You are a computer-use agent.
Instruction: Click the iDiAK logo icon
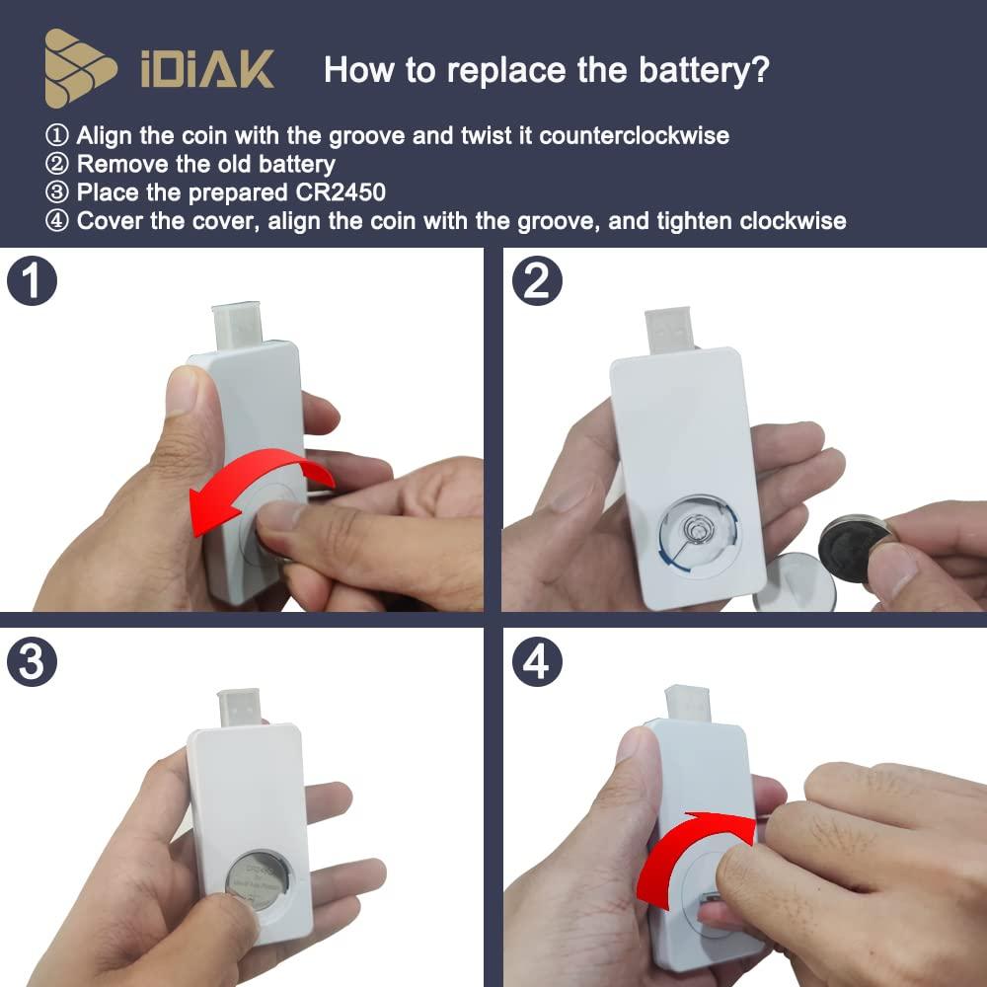81,68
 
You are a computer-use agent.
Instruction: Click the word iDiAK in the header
207,71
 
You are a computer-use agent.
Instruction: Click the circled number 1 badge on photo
32,280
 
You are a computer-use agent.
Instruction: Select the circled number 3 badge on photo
32,662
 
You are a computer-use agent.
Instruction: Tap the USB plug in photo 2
672,329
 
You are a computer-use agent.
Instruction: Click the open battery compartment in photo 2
698,534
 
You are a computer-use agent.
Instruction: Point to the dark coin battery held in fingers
855,548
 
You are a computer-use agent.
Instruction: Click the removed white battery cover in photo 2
794,582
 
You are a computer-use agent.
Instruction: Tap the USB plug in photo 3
241,710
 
